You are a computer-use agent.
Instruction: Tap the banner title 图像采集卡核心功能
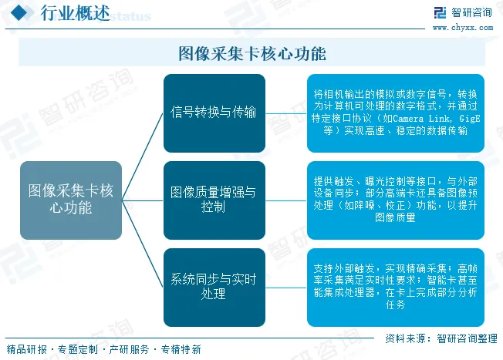251,53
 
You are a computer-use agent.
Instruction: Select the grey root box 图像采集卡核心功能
70,199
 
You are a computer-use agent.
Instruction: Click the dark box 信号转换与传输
214,113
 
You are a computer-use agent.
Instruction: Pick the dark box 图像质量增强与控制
214,199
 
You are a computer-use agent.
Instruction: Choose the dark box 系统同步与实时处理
214,285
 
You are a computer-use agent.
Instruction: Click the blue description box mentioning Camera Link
395,113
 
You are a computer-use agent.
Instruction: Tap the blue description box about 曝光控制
395,199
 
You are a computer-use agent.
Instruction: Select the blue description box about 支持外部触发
395,285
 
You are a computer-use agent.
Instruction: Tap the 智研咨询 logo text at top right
471,12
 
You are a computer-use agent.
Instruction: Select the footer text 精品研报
25,349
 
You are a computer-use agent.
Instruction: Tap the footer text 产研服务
129,349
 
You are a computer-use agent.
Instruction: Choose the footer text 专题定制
77,349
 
